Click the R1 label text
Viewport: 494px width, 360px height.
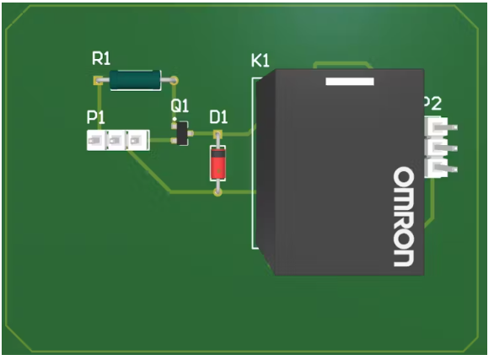tap(101, 58)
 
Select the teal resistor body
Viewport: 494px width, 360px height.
tap(135, 80)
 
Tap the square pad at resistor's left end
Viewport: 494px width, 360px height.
tap(98, 81)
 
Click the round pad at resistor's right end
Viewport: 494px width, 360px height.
tap(174, 81)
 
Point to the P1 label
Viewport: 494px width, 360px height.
tap(96, 117)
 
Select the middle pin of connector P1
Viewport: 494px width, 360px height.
tap(116, 140)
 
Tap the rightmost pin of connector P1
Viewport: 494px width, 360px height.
tap(137, 140)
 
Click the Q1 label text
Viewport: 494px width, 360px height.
tap(180, 106)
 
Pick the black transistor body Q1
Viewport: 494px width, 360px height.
tap(182, 133)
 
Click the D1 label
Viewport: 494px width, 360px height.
tap(218, 117)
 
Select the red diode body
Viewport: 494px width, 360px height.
tap(217, 164)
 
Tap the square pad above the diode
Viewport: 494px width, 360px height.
tap(217, 135)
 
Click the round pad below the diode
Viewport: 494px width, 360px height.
tap(217, 191)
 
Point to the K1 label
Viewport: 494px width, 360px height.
tap(260, 61)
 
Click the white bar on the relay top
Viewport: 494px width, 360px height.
tap(350, 81)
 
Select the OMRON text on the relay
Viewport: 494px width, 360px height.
tap(404, 217)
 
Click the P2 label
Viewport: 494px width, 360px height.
tap(433, 104)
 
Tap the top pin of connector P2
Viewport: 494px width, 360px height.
tap(440, 127)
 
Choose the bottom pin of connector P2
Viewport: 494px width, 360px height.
tap(440, 169)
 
